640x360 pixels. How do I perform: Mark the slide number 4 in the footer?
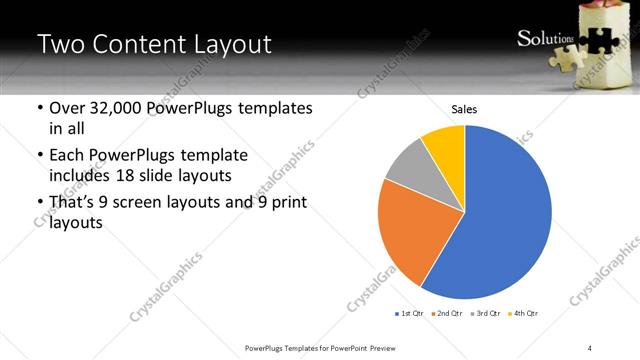(589, 347)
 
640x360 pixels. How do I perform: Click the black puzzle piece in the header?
(596, 40)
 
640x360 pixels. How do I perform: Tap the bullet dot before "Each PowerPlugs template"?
(39, 156)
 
